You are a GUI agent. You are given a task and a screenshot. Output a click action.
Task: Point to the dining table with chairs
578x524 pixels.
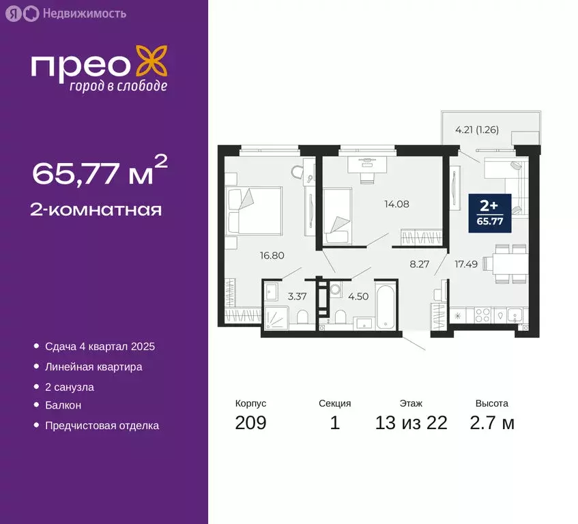click(x=504, y=264)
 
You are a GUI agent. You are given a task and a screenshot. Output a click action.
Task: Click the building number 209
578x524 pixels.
click(x=250, y=423)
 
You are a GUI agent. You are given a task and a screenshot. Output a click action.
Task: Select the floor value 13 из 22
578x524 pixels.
click(x=411, y=423)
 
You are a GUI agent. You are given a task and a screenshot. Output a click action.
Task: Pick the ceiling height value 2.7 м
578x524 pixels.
click(x=491, y=423)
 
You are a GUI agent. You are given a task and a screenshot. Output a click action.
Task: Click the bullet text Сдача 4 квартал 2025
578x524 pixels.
click(x=100, y=347)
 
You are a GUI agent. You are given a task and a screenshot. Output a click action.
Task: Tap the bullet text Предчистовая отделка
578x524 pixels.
click(x=102, y=426)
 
